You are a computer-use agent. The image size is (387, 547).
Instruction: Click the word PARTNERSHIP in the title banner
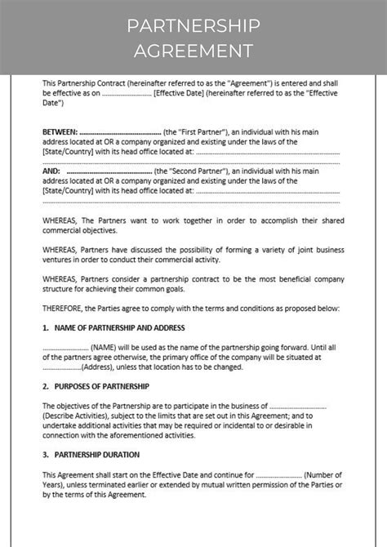tap(193, 26)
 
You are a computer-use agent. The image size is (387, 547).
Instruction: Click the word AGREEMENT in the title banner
tap(193, 51)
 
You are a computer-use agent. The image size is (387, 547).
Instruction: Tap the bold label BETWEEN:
tap(60, 131)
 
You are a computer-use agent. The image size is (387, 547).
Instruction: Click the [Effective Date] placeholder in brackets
tap(179, 93)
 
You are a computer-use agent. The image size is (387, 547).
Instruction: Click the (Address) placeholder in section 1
tap(97, 367)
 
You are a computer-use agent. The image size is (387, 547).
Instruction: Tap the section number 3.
tap(45, 454)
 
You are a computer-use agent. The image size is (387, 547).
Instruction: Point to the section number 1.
tap(45, 327)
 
